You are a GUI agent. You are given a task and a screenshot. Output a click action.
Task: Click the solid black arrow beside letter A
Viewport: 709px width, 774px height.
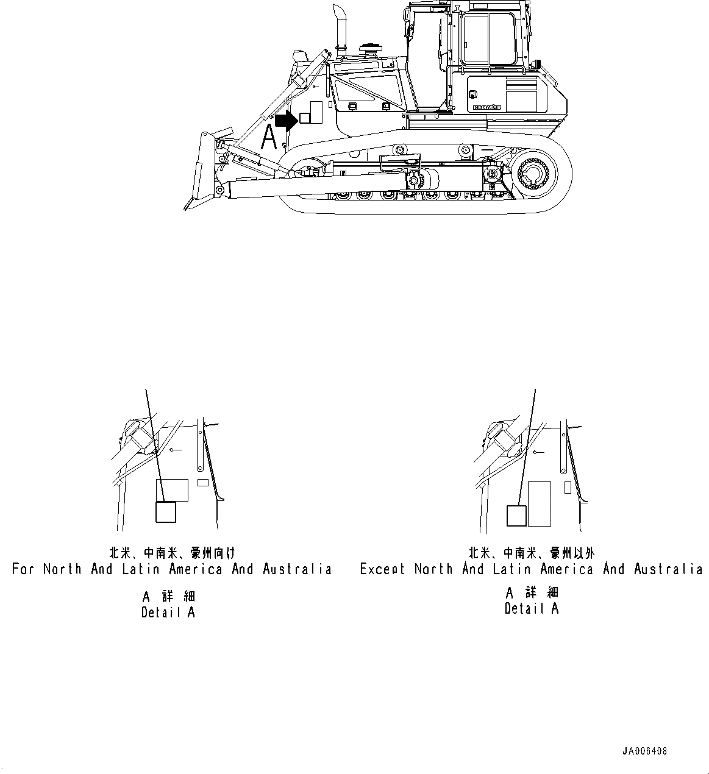pos(285,121)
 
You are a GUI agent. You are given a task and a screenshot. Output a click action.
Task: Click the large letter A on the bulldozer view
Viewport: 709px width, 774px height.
pos(269,137)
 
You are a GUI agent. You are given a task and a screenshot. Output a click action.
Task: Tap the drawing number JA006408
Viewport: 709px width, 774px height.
pos(644,751)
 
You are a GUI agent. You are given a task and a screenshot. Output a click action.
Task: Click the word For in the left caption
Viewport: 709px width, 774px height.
pos(24,569)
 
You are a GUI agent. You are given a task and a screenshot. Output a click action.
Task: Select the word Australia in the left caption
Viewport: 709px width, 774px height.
pos(297,569)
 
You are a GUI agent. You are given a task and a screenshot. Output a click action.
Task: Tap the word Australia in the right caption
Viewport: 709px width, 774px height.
pos(668,569)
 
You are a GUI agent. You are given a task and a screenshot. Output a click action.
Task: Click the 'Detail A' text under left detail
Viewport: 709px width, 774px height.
pos(168,612)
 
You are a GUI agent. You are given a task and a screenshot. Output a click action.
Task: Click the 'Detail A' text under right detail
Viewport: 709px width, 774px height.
pos(531,608)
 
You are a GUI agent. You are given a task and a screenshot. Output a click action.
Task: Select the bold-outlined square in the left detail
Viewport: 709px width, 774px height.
pos(166,512)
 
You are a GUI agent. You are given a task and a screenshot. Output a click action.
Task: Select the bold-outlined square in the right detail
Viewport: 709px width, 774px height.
pos(516,516)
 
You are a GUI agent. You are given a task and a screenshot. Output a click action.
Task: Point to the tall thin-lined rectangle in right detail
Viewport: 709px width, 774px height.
pos(540,503)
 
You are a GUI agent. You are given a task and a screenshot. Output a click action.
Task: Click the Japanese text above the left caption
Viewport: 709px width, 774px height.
pos(171,553)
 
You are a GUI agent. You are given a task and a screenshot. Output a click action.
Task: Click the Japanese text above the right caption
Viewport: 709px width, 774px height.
pos(531,553)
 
